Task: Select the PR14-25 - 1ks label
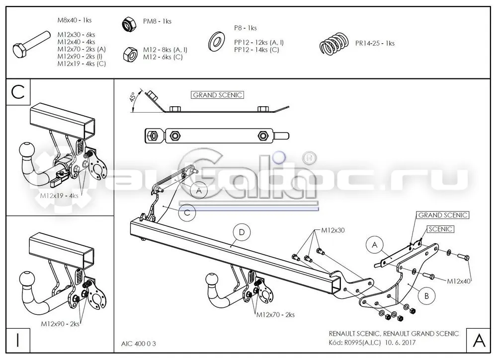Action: tap(375, 43)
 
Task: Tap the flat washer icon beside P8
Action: tap(217, 41)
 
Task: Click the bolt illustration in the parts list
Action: tap(31, 44)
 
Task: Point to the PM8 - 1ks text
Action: tap(157, 21)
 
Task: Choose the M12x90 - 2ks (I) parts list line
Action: tap(80, 57)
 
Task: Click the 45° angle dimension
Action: tap(133, 96)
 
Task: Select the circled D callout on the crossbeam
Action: tap(242, 232)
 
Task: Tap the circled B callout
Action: tap(426, 296)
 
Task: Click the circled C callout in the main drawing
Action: tap(187, 212)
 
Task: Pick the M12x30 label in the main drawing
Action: tap(333, 230)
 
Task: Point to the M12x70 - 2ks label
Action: tap(275, 315)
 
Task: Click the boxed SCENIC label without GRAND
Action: tap(440, 229)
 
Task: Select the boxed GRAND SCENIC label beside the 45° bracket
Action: tap(218, 95)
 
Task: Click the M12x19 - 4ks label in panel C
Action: tap(59, 196)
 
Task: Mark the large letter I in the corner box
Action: tap(18, 340)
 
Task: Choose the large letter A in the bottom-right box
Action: tap(479, 340)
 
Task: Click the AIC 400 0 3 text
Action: tap(139, 344)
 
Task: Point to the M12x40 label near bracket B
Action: tap(459, 281)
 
